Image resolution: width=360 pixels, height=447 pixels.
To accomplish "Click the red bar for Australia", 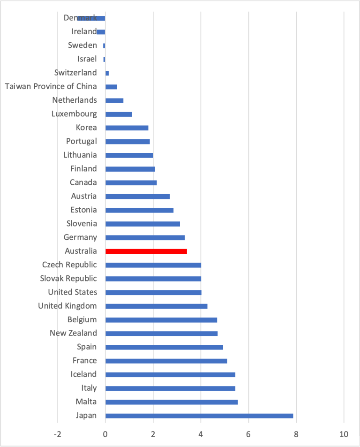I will [146, 251].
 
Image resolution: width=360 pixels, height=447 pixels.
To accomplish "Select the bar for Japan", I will [199, 416].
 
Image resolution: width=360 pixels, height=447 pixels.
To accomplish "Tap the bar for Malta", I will [172, 402].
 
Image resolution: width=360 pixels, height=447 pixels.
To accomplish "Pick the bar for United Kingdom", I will [156, 306].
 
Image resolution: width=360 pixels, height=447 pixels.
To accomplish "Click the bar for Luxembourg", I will [119, 114].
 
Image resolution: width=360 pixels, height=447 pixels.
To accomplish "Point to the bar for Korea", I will [127, 128].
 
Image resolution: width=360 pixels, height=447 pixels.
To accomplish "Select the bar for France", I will [166, 361].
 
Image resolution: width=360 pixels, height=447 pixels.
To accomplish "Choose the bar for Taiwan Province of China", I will [111, 87].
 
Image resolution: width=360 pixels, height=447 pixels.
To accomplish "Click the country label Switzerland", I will [75, 73].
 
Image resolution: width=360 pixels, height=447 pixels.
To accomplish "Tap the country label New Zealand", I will [73, 333].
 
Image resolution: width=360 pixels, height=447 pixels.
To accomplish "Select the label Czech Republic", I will [69, 265].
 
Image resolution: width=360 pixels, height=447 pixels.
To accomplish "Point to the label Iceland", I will [83, 374].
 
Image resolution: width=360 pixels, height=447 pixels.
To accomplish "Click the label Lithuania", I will [80, 155].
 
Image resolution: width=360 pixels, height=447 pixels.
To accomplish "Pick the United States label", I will [73, 292].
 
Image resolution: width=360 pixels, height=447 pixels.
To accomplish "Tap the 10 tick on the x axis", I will [344, 434].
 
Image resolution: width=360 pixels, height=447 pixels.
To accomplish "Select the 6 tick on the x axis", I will [248, 434].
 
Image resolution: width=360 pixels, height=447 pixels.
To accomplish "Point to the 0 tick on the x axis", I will [105, 434].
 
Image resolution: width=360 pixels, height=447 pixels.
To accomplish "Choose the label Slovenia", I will [82, 224].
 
